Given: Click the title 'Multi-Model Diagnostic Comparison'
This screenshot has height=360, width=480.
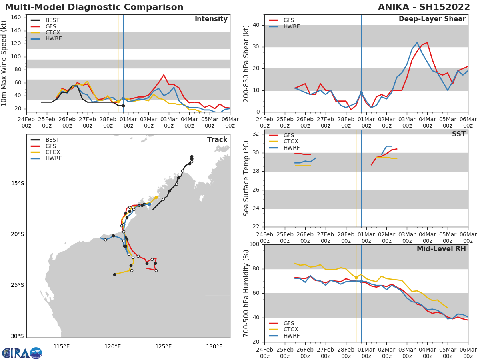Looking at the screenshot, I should point(94,7).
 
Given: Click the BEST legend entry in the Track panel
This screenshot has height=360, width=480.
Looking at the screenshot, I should point(52,140).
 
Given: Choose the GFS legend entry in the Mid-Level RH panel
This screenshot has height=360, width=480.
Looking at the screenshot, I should point(289,323).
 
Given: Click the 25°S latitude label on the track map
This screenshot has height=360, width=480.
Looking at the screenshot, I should point(17,285).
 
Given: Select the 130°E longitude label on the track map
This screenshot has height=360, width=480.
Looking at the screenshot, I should point(214,346).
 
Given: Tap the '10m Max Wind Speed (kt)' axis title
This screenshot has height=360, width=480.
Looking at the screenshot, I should point(4,63).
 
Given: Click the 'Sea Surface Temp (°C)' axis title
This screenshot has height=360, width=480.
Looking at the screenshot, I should point(246,178).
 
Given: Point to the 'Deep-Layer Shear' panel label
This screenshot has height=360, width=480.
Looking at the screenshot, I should point(432,19).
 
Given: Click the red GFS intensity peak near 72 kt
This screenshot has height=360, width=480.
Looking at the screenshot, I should point(164,75).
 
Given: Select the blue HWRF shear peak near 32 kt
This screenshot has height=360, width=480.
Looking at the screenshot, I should point(417,42).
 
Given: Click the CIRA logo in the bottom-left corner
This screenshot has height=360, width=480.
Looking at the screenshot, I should point(22,353).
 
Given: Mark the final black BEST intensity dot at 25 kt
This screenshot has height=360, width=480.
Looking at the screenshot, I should point(123,106).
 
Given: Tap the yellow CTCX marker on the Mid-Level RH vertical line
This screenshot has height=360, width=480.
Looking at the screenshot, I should point(356,278).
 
